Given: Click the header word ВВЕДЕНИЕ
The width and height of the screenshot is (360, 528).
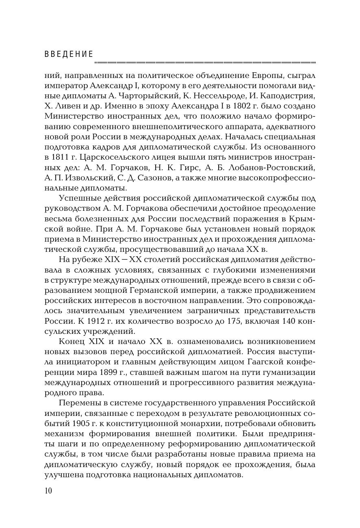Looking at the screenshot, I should (x=69, y=54).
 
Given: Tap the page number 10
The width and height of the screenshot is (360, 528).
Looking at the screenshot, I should (x=48, y=491).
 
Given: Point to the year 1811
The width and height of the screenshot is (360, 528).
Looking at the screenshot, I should (x=61, y=157).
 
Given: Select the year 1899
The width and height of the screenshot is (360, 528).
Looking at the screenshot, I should (x=107, y=372).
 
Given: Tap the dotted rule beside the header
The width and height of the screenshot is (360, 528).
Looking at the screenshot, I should (x=205, y=63).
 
